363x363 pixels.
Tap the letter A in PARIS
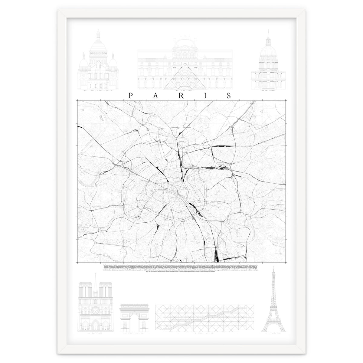point(155,96)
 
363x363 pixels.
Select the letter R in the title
point(180,96)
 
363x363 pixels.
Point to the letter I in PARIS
point(204,96)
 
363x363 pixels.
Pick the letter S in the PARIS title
point(229,96)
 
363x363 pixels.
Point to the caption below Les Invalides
point(268,90)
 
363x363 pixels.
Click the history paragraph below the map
point(181,261)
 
